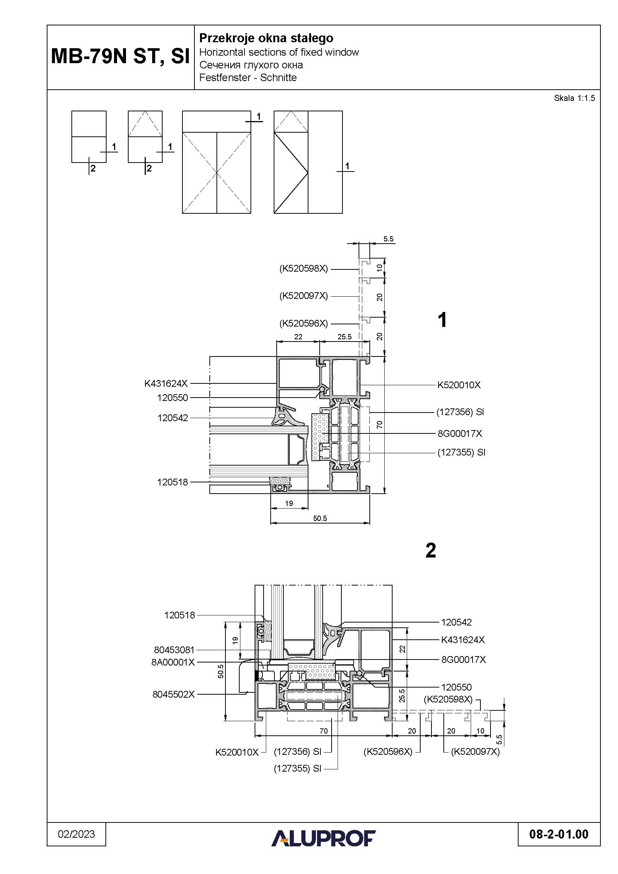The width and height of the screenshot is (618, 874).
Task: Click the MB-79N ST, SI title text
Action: [120, 56]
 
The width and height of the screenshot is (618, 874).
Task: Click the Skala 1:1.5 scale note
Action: [574, 98]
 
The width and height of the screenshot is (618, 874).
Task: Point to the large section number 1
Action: [442, 320]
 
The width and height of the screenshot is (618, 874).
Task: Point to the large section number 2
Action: [430, 550]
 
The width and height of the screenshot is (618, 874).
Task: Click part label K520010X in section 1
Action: [459, 385]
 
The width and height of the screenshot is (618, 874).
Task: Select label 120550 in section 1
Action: [172, 398]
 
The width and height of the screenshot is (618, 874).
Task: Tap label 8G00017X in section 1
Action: [459, 433]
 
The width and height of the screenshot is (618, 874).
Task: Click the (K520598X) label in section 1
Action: [304, 269]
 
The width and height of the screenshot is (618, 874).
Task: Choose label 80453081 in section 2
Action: [174, 650]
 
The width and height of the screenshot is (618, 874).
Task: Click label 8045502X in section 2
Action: [173, 694]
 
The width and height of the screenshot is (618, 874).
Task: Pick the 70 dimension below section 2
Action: [323, 731]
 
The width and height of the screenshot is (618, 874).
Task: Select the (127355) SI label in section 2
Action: [297, 769]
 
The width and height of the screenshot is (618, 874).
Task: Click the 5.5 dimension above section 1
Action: [388, 239]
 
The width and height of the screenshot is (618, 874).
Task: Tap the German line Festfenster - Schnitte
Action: [248, 78]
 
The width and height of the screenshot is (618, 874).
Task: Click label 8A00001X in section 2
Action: [173, 662]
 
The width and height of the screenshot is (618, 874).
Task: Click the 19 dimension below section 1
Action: [289, 503]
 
